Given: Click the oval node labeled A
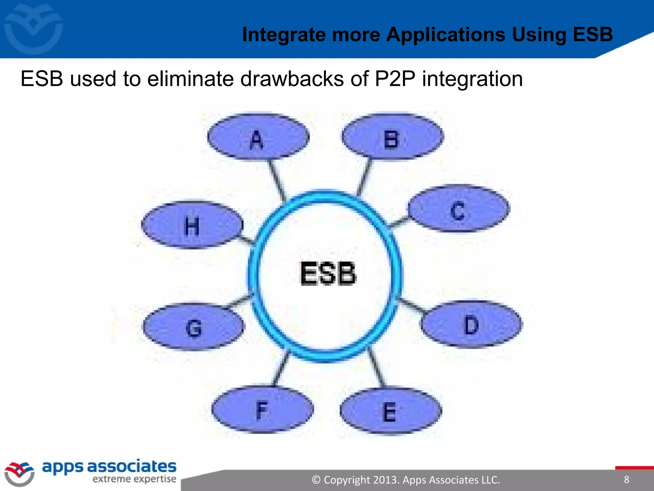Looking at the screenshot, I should point(258,137).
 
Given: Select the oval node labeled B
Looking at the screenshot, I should point(392,137).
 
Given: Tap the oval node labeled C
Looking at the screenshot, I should point(459,208).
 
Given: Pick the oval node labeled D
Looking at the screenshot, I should point(471,324).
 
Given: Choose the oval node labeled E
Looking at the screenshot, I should point(391,411).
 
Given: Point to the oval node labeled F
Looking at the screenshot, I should point(262,410).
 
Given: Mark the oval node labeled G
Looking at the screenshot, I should point(194,327).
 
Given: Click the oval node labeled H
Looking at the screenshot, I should point(192,225).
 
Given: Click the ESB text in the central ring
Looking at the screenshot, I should point(328,274).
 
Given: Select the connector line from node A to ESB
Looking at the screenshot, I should point(277,179).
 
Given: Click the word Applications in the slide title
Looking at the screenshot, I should point(445,35).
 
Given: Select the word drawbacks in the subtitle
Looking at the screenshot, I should point(292,79).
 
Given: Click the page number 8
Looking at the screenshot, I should point(627,479).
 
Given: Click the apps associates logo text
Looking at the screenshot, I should point(109,467).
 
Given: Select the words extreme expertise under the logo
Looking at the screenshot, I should point(134,479).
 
